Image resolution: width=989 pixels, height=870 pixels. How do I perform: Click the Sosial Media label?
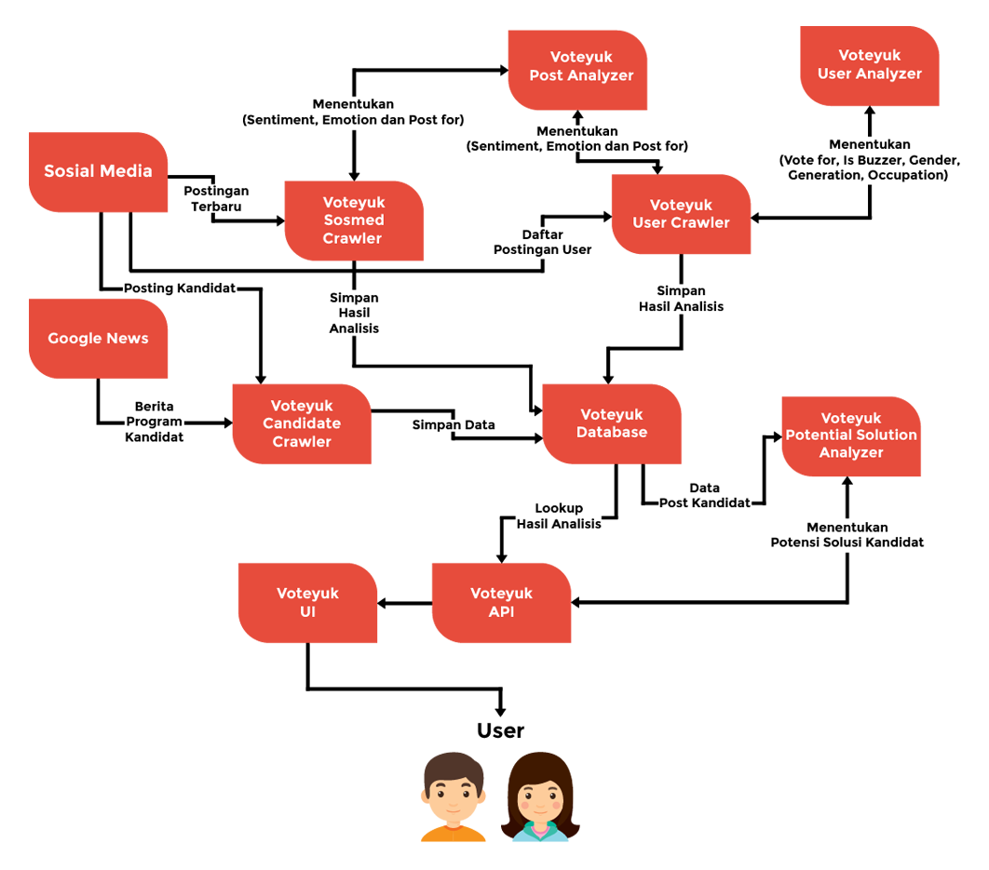coord(98,171)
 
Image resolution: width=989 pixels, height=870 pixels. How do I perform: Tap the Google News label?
coord(98,339)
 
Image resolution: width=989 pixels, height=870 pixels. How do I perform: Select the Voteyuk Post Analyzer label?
coord(581,66)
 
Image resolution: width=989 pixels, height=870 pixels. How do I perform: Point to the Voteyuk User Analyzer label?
coord(869,64)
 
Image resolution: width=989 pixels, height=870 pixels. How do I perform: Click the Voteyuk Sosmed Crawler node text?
coord(353,221)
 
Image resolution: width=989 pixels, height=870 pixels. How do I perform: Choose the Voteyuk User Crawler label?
coord(681,214)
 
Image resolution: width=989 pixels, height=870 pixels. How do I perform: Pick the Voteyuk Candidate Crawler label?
coord(302,423)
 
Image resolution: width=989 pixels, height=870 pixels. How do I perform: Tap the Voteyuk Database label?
coord(612,423)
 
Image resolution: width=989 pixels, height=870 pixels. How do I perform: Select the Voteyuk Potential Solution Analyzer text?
coord(851,435)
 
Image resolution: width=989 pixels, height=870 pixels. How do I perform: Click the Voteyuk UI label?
coord(307,603)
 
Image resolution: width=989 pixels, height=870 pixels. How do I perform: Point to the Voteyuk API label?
coord(501,603)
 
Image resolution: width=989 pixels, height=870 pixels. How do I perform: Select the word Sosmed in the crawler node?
coord(353,221)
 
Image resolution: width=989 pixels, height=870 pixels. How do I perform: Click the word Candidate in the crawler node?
coord(302,423)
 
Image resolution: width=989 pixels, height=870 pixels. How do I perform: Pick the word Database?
coord(612,433)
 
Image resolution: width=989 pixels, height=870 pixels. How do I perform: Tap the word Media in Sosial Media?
coord(127,171)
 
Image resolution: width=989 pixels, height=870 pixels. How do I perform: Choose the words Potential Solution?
coord(851,435)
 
